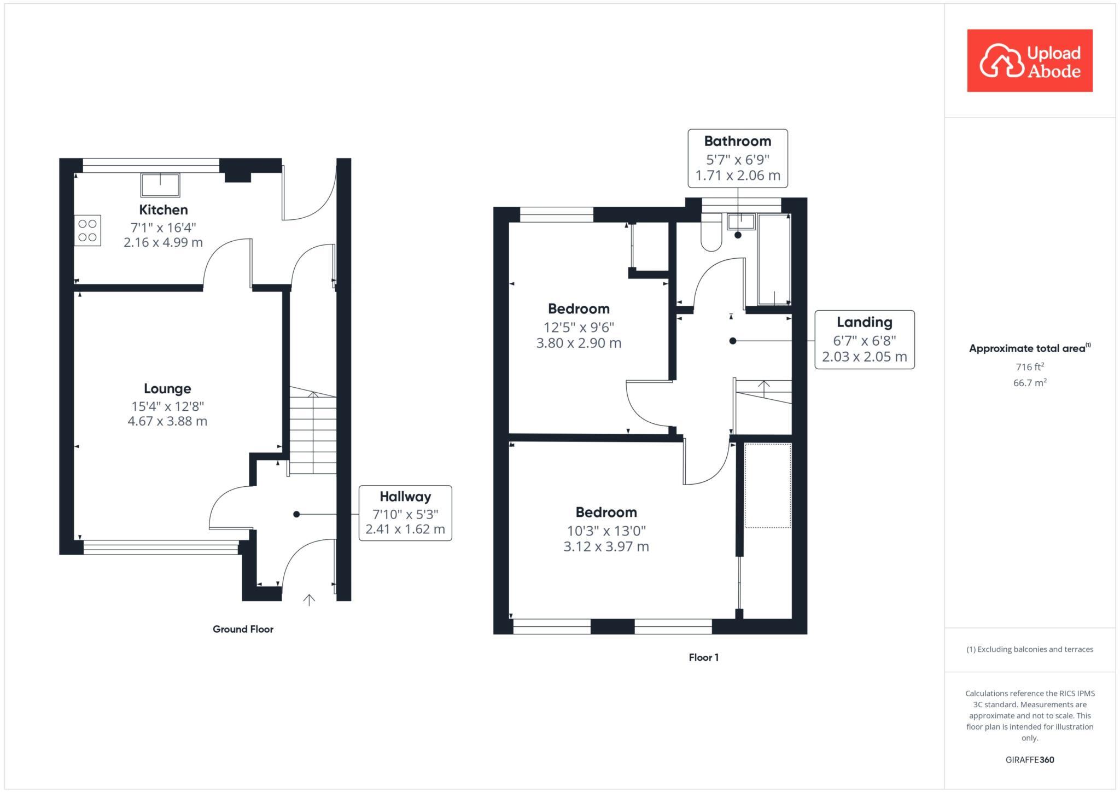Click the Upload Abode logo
1029,61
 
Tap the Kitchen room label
163,209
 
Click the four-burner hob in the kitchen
87,230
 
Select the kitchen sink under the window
160,185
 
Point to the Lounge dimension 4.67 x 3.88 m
167,421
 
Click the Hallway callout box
405,513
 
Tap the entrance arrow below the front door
309,600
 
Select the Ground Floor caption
243,629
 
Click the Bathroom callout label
737,141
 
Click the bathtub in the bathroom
774,260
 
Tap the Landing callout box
864,340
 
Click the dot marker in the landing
733,341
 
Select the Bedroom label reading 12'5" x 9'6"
579,308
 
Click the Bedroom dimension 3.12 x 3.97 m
606,546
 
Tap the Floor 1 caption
703,657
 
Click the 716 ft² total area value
1029,366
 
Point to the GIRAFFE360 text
1029,760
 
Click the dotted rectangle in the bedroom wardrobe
768,486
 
